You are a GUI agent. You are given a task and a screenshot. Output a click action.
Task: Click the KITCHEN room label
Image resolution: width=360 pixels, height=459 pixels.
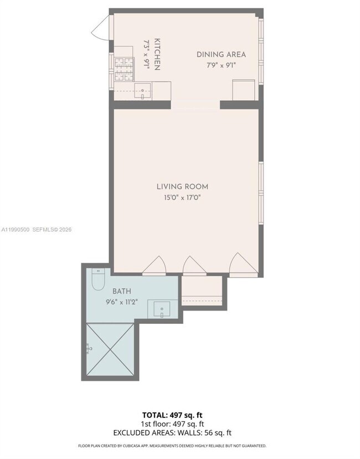point(157,54)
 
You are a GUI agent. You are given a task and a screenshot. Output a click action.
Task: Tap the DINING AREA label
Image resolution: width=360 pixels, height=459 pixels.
point(221,54)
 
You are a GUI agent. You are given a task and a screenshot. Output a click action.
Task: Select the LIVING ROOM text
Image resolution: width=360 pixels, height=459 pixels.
point(182,187)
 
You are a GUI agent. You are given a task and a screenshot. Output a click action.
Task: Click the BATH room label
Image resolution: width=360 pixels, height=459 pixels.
point(122,291)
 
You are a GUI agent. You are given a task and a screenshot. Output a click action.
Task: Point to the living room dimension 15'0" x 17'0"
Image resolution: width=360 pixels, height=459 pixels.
point(182,198)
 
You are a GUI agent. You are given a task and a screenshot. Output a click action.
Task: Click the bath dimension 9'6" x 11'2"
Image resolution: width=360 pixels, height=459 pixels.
point(122,302)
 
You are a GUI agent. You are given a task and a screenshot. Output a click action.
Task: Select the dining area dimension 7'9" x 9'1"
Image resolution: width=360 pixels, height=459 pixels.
point(221,65)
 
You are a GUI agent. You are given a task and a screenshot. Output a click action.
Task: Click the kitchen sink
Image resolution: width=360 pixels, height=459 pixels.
point(143,90)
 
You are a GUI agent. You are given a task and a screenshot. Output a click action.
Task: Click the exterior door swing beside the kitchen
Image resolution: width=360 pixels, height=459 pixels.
point(101,28)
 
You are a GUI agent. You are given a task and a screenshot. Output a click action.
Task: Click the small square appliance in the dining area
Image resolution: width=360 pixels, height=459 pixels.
point(243,90)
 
